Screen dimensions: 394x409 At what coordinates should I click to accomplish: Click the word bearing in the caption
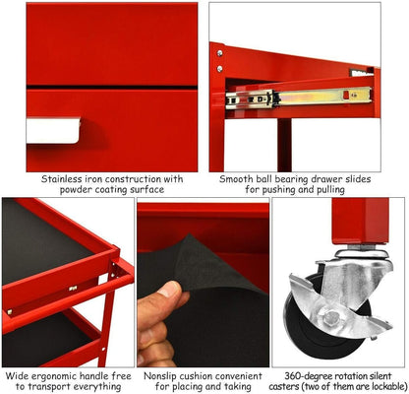(308, 179)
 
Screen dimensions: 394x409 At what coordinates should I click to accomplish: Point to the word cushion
(204, 374)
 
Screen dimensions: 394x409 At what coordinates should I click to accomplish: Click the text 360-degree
(302, 374)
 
